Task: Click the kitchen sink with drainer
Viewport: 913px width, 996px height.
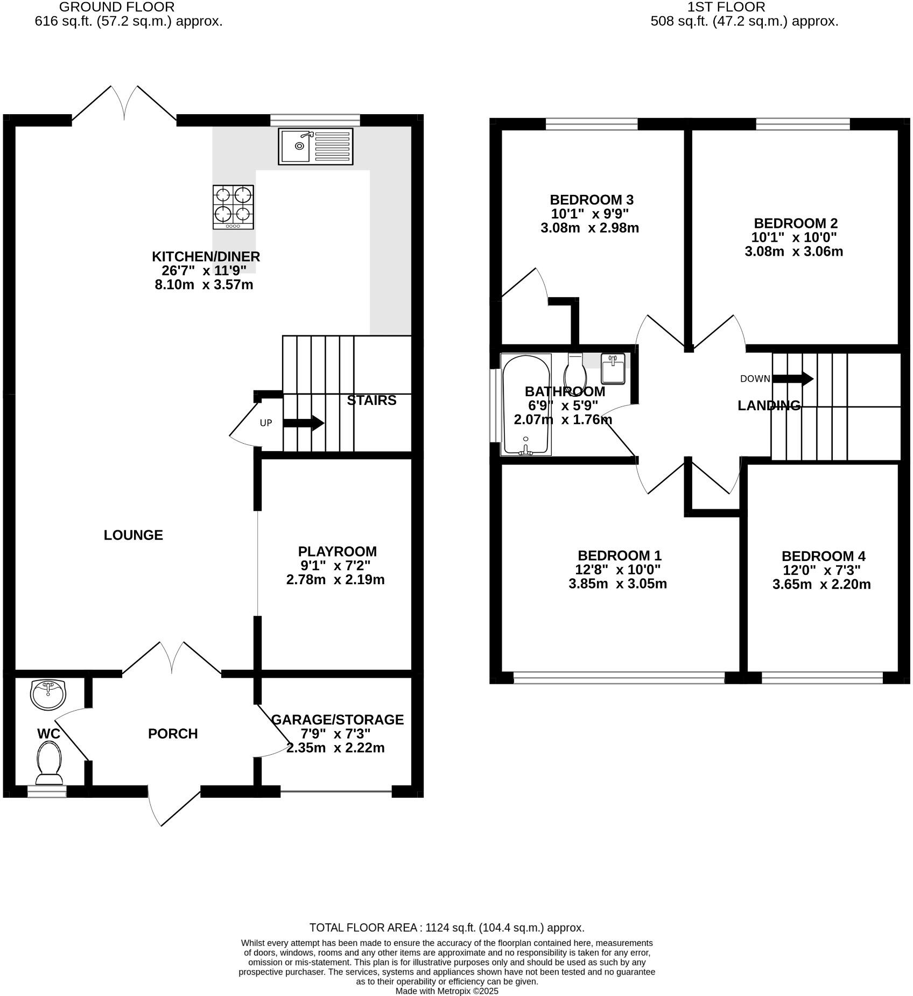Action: click(315, 146)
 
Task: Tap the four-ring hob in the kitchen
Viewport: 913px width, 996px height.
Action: click(233, 207)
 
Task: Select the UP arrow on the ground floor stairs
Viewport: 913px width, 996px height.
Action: click(304, 423)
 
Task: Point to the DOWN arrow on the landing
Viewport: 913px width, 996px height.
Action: click(793, 378)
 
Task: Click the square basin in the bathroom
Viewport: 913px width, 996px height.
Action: click(613, 368)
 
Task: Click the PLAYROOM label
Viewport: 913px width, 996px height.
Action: click(337, 551)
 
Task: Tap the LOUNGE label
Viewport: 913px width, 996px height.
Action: click(133, 535)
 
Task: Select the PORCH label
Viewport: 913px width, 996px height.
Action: click(173, 733)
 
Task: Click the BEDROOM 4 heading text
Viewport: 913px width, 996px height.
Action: click(823, 556)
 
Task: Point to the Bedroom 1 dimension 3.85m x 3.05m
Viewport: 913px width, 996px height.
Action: click(617, 584)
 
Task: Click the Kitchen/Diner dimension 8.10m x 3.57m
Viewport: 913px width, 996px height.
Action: click(203, 284)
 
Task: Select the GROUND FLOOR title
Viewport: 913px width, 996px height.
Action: click(116, 7)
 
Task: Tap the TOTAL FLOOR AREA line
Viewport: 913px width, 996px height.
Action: click(446, 928)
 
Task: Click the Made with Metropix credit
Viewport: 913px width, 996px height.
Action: click(447, 991)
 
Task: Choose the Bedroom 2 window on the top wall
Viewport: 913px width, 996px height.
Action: click(803, 124)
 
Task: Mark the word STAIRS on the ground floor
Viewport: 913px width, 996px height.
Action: click(371, 400)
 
